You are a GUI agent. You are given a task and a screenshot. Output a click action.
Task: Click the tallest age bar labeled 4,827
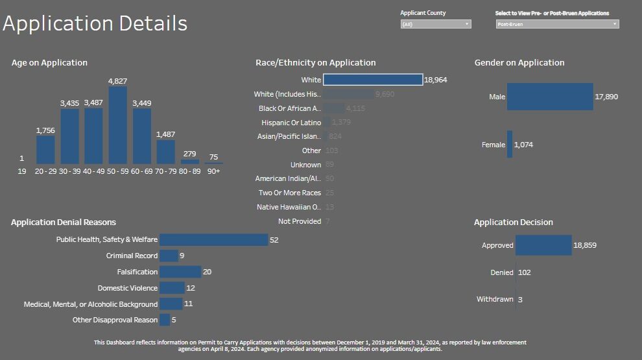coord(117,125)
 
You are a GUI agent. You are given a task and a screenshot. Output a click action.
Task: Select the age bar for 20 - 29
coord(45,149)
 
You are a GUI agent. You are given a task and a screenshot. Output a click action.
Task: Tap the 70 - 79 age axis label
coord(165,171)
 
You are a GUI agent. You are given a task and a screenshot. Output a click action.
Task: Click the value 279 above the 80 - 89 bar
coord(190,154)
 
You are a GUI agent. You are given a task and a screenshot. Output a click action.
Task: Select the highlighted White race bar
coord(373,80)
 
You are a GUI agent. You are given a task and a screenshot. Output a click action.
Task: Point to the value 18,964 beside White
coord(436,80)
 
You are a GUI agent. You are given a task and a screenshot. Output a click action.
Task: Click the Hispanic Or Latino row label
coord(291,123)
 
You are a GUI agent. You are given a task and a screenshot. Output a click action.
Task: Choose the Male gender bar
coord(550,97)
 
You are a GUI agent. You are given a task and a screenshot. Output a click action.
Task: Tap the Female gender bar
coord(510,145)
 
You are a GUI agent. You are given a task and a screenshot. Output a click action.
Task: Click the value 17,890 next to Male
coord(606,97)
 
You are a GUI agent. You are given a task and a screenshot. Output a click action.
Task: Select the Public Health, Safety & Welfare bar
coord(213,240)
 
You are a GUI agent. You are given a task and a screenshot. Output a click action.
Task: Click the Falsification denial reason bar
coord(180,272)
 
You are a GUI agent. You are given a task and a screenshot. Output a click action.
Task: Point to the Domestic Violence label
coord(128,288)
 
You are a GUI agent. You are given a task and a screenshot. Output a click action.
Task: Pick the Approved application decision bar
coord(543,246)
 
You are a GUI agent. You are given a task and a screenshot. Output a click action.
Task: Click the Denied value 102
coord(524,272)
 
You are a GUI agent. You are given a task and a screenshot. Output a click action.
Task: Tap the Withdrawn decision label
coord(495,299)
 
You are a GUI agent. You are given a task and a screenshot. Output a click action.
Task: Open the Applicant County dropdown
coord(436,24)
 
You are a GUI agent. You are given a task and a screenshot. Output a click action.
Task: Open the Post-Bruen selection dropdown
coord(557,24)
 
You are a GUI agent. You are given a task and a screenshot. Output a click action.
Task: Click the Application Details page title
coord(95,23)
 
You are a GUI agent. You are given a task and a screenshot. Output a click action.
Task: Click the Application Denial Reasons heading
coord(64,222)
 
